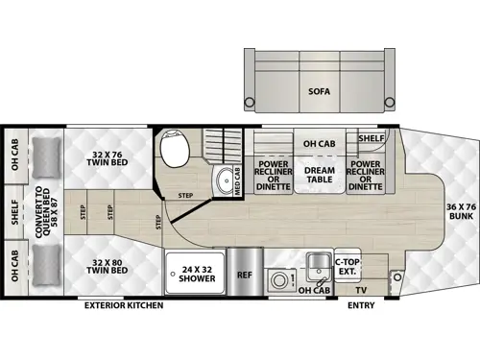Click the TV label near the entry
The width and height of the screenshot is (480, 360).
(360, 287)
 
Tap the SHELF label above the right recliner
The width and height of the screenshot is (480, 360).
(372, 137)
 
